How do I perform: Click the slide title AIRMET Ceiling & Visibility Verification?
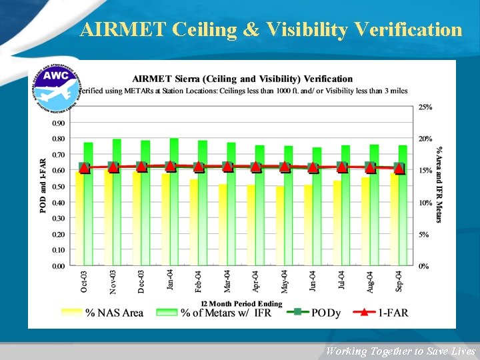click(271, 29)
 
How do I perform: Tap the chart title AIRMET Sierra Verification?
click(243, 79)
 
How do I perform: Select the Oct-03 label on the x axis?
click(84, 281)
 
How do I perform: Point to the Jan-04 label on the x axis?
click(170, 280)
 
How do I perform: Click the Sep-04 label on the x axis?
click(399, 281)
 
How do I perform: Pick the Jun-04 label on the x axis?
click(313, 281)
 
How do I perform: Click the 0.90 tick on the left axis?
click(59, 123)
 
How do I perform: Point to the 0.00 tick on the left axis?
click(59, 265)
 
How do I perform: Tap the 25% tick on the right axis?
click(425, 107)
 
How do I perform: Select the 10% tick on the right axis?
click(425, 203)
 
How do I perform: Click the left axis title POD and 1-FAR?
click(43, 185)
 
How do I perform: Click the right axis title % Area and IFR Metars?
click(439, 185)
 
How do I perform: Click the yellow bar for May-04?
click(280, 227)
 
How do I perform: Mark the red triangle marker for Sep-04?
click(399, 169)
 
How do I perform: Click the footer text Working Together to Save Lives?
click(400, 351)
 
